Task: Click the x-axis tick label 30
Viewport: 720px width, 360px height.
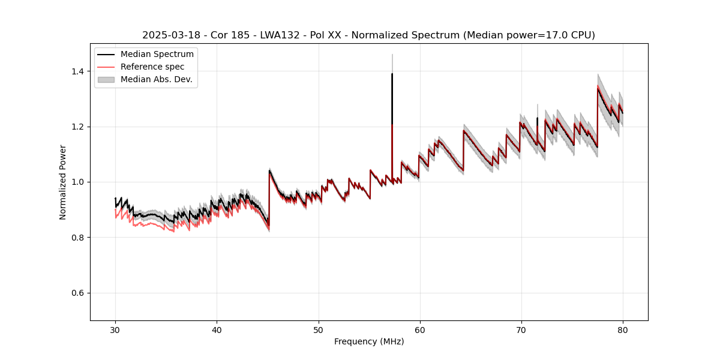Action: coord(115,330)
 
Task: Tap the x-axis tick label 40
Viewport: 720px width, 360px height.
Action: coord(217,330)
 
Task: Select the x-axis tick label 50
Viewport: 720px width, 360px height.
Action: coord(318,330)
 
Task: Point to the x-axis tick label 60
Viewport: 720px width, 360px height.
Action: coord(419,330)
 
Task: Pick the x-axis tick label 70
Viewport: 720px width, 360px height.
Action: coord(521,330)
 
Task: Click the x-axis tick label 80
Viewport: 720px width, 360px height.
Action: coord(622,330)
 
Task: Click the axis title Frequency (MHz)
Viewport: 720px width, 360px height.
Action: coord(369,341)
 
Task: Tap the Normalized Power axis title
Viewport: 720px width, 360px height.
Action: coord(63,182)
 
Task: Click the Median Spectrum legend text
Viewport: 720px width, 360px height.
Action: coord(157,55)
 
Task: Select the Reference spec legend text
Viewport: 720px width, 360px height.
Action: coord(152,67)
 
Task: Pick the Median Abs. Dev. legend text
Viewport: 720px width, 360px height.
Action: coord(156,79)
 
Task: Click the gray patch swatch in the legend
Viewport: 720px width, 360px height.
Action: coord(106,79)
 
